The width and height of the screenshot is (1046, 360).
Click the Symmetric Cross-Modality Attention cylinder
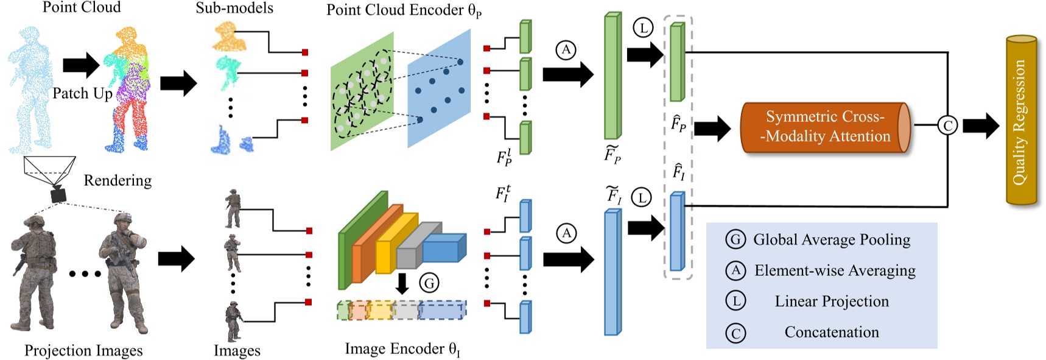825,127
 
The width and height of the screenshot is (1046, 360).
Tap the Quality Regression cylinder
1021,121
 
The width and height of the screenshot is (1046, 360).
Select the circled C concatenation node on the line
947,125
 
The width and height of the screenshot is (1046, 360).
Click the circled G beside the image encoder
429,283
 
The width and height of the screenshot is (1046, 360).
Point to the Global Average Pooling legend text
832,240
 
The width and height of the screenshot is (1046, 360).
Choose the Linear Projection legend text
832,302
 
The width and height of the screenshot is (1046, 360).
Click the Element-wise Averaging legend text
835,270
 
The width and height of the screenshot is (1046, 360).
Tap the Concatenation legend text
832,332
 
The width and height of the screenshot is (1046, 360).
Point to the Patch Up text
82,93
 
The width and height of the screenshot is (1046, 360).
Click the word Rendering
118,180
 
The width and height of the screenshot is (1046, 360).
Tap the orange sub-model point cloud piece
229,37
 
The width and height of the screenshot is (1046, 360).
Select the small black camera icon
58,195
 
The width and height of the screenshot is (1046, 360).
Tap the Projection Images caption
83,351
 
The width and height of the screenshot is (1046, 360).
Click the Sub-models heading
234,8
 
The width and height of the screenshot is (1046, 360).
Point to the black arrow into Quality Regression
981,126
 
